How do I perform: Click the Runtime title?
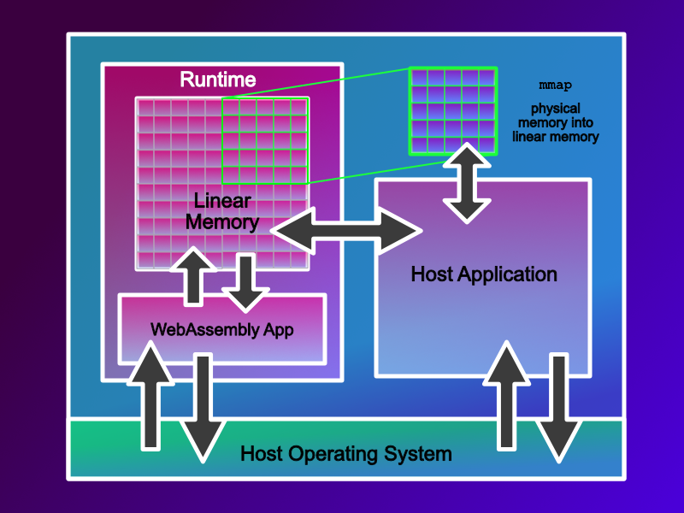point(217,80)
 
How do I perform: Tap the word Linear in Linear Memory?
point(222,202)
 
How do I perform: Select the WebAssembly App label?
point(221,329)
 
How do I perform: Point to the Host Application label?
point(484,274)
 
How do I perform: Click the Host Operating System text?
point(345,453)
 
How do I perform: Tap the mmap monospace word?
point(555,86)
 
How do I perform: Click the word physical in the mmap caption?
point(556,109)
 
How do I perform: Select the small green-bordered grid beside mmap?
point(452,111)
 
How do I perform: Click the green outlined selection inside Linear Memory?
point(265,141)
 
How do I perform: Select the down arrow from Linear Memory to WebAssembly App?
point(245,282)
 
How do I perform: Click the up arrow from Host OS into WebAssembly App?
point(150,393)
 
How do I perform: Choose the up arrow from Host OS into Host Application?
point(508,393)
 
